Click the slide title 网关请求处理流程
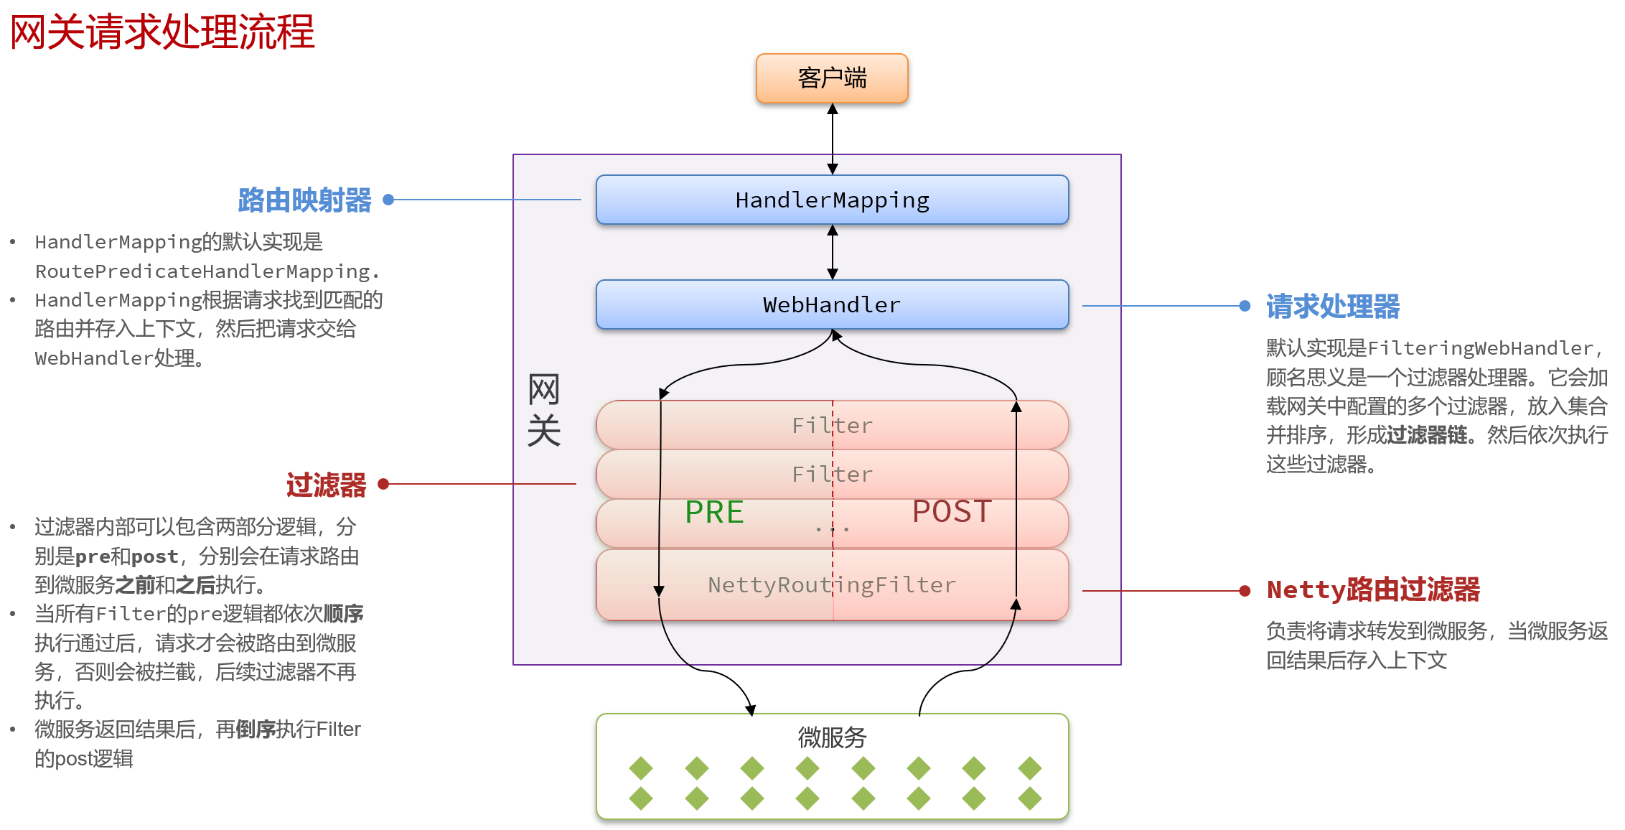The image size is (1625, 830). point(162,32)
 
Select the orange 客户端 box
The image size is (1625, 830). point(832,78)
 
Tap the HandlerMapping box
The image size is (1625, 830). point(832,200)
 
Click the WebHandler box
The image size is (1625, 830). point(832,304)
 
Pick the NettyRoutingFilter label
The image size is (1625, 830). point(832,585)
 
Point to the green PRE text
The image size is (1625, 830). point(714,512)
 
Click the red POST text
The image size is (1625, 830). point(952,511)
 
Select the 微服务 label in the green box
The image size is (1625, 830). point(832,737)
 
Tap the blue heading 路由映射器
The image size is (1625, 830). point(304,200)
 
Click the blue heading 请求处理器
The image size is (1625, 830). point(1333,307)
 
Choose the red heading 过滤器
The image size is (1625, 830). point(326,485)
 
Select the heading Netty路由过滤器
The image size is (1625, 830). point(1373,589)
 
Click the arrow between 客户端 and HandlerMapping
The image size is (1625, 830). point(833,139)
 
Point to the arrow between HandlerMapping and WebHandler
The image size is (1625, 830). point(833,252)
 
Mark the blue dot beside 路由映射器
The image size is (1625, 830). point(388,200)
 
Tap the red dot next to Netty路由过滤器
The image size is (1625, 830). point(1245,591)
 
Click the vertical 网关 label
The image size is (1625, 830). point(543,410)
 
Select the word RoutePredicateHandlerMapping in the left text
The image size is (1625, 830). point(202,271)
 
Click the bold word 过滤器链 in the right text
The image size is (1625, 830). point(1426,435)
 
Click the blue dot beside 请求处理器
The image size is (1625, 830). point(1245,306)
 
